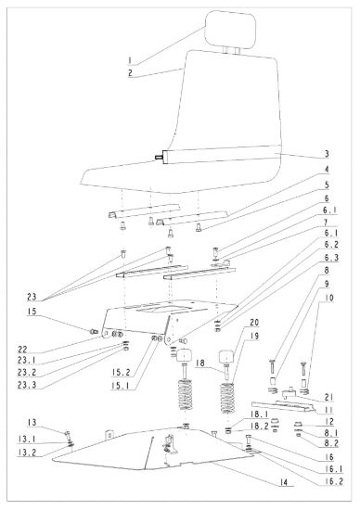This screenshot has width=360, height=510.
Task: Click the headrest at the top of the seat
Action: pyautogui.click(x=230, y=29)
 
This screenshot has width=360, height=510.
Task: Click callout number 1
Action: pyautogui.click(x=130, y=60)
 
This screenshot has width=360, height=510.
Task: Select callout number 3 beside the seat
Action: pyautogui.click(x=327, y=154)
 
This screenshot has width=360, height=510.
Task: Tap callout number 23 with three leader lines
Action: pyautogui.click(x=32, y=297)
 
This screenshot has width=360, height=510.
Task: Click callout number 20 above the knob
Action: pyautogui.click(x=254, y=323)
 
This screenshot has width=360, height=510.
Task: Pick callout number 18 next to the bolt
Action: pyautogui.click(x=200, y=363)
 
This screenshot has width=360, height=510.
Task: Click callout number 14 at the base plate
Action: pyautogui.click(x=284, y=482)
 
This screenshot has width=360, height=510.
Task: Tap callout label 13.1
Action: pyautogui.click(x=27, y=440)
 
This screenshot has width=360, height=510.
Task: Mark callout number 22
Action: pyautogui.click(x=23, y=350)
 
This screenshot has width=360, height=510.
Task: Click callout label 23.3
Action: pyautogui.click(x=27, y=385)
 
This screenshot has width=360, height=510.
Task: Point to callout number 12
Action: pyautogui.click(x=329, y=422)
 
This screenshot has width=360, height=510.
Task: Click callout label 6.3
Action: pyautogui.click(x=330, y=258)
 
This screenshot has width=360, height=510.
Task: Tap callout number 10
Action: pyautogui.click(x=328, y=298)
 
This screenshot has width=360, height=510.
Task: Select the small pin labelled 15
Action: pyautogui.click(x=94, y=331)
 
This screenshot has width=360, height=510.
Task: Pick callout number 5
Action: pyautogui.click(x=327, y=185)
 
